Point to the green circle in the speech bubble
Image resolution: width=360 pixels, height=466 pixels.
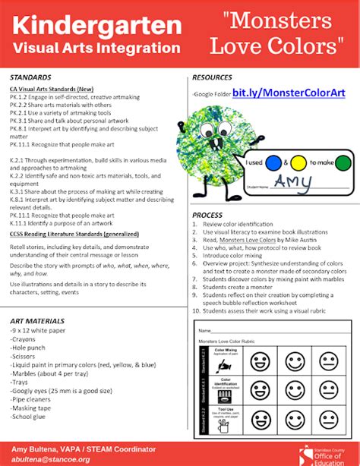(x=343, y=161)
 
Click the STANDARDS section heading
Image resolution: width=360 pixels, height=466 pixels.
(x=30, y=78)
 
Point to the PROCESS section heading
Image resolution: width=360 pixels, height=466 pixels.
(x=207, y=216)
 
